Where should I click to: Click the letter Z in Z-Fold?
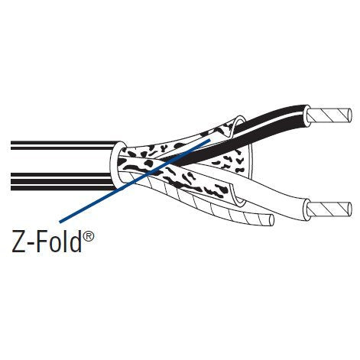[20, 242]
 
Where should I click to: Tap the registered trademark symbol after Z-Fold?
[89, 236]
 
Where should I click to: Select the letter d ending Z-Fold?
[76, 241]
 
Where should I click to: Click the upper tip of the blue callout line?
[210, 140]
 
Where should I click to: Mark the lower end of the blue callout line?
[60, 222]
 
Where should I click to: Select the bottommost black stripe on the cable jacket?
[63, 188]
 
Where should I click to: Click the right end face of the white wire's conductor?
[349, 209]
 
